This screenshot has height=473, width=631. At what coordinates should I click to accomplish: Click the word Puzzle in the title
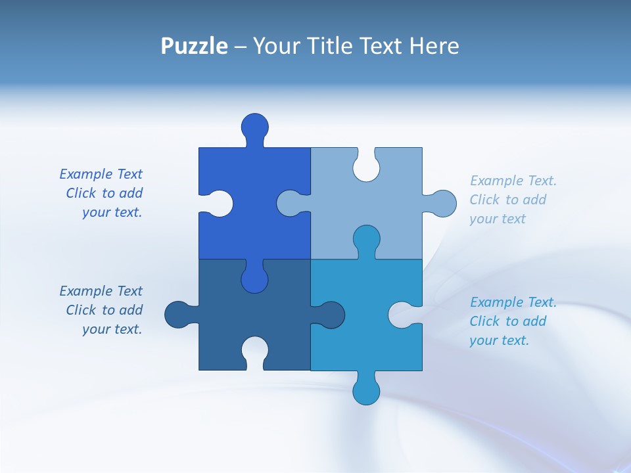(194, 46)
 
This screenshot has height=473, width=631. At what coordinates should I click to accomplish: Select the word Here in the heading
(434, 46)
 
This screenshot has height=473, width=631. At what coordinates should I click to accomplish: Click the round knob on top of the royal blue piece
(254, 126)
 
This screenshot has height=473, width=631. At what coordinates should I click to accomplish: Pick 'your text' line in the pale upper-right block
(498, 219)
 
